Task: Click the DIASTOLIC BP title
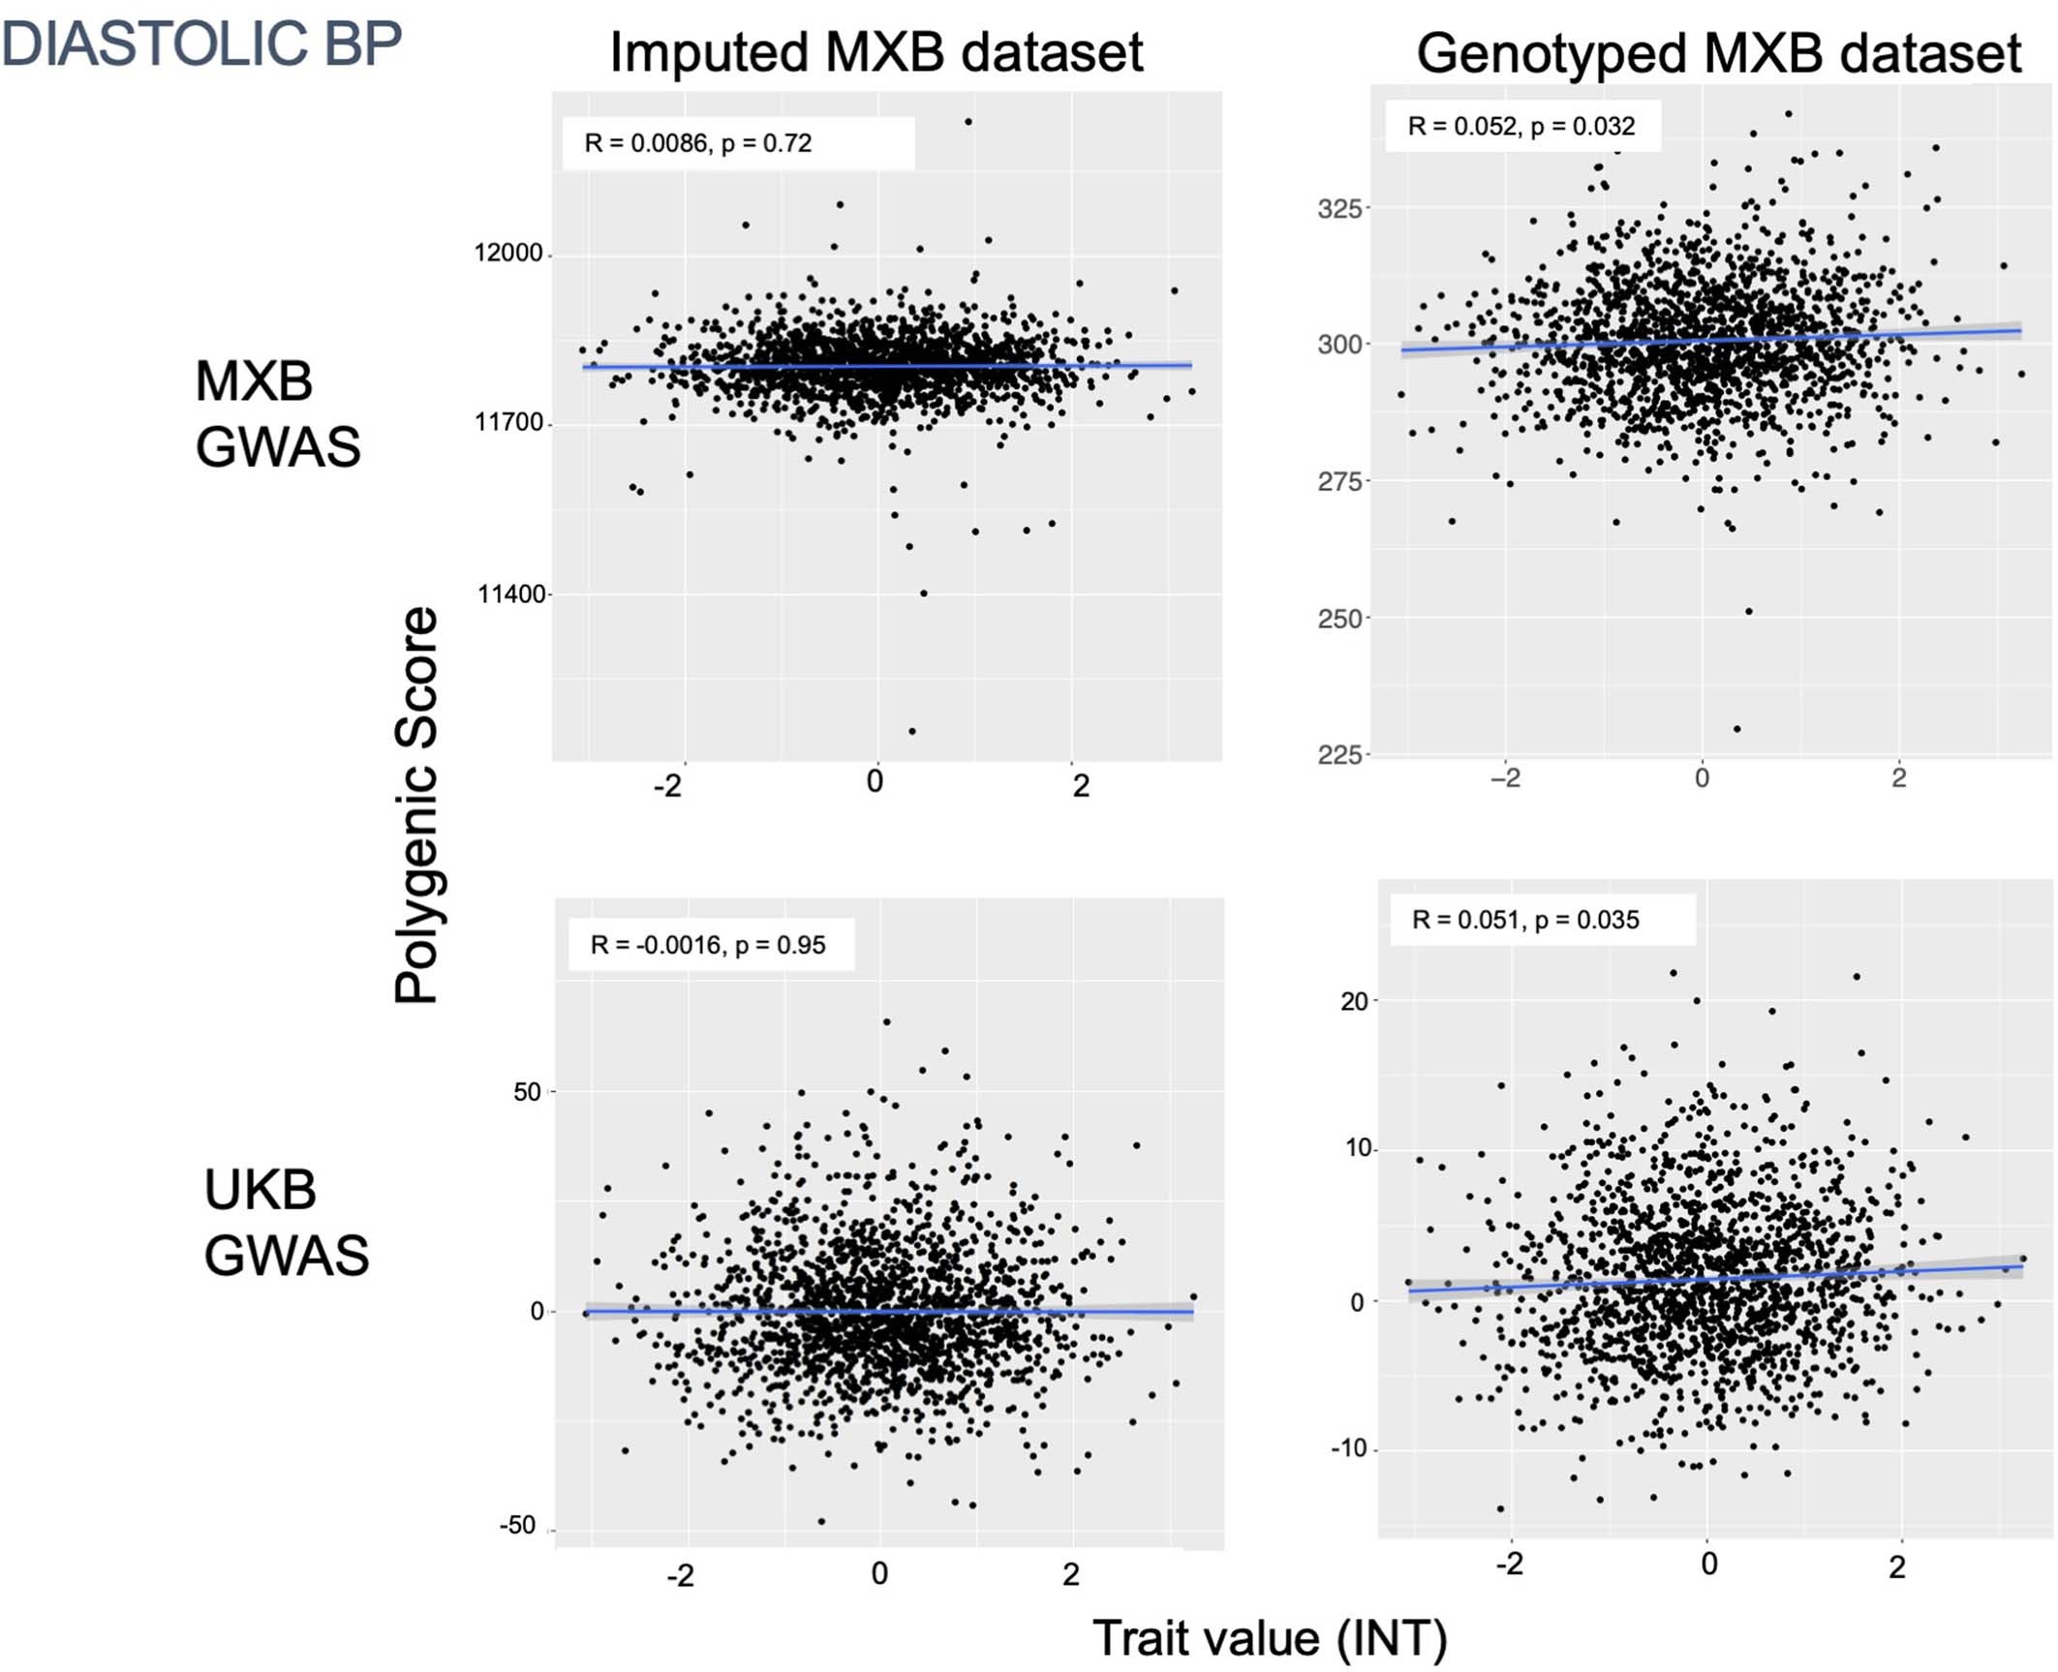(x=200, y=44)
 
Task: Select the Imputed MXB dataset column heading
(x=875, y=52)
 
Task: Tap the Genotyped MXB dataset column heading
(x=1718, y=53)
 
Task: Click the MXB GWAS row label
(x=277, y=413)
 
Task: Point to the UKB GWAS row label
(x=286, y=1222)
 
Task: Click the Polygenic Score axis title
(x=417, y=806)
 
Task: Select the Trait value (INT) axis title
(x=1270, y=1637)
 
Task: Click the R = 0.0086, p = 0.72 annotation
(x=697, y=143)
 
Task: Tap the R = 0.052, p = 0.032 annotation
(x=1520, y=126)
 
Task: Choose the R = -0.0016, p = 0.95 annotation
(x=708, y=945)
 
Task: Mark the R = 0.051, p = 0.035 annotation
(x=1525, y=920)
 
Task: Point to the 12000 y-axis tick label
(x=507, y=254)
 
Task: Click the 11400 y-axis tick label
(x=510, y=594)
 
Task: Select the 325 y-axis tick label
(x=1339, y=208)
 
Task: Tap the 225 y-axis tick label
(x=1339, y=754)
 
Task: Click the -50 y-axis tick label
(x=517, y=1526)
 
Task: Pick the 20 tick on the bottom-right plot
(x=1354, y=1001)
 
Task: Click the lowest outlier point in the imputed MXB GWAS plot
(x=911, y=731)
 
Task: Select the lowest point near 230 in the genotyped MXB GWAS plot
(x=1736, y=729)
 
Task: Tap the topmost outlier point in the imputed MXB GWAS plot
(x=968, y=122)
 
